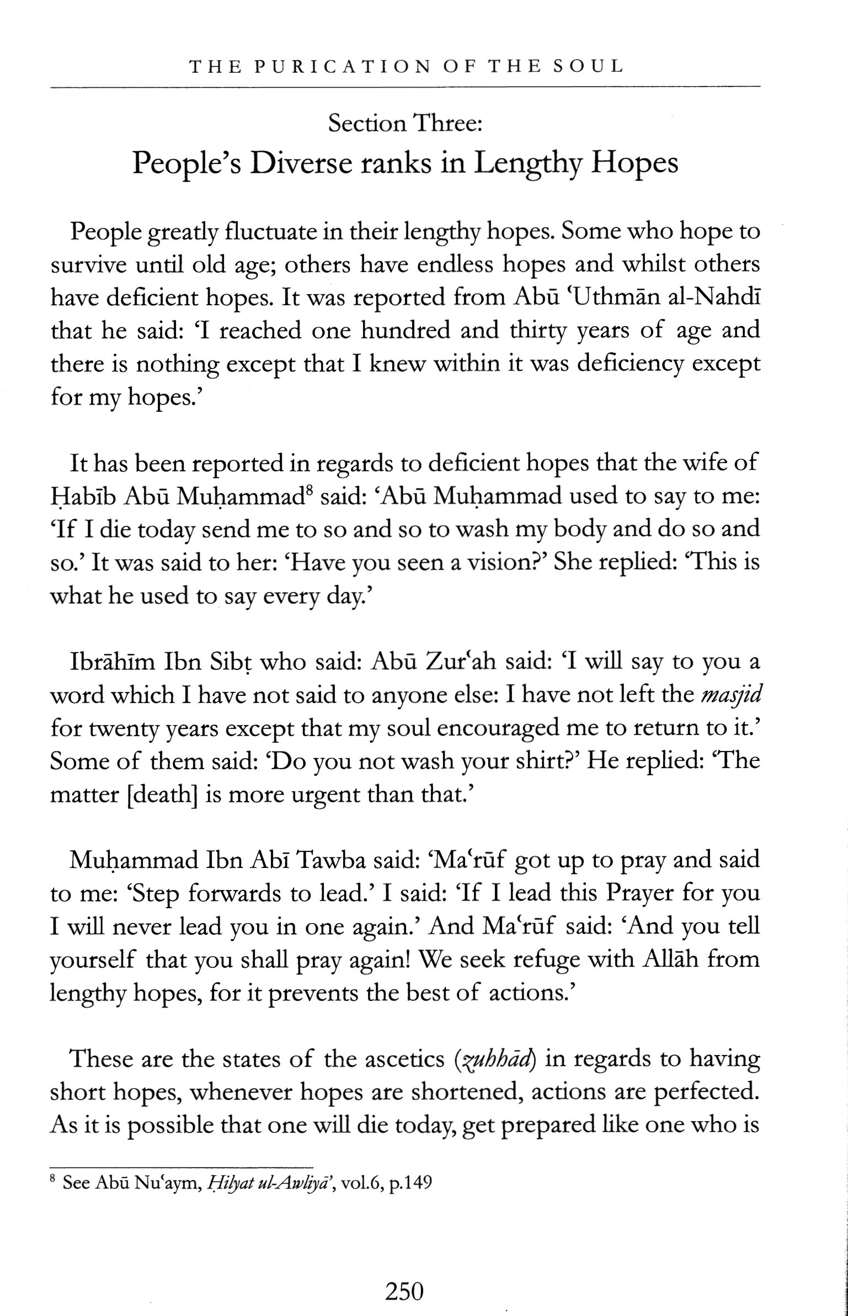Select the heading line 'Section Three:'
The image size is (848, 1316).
point(406,123)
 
